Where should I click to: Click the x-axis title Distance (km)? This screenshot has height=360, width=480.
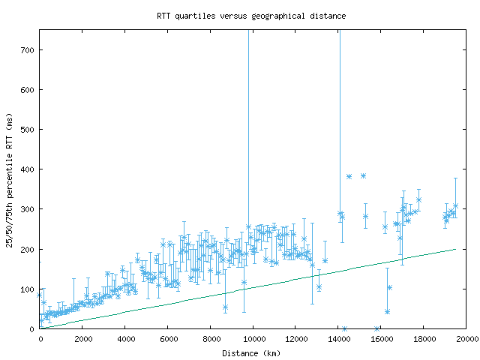tap(252, 352)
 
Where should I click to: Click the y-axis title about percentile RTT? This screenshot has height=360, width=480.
tap(10, 179)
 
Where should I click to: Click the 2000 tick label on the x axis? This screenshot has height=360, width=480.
tap(82, 339)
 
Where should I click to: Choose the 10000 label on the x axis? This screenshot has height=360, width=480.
tap(253, 339)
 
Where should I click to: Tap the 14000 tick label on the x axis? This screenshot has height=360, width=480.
tap(338, 339)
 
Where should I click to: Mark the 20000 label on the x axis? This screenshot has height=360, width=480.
tap(466, 339)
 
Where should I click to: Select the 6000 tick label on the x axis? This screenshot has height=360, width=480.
tap(168, 339)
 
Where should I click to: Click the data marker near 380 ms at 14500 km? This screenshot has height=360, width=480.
tap(349, 176)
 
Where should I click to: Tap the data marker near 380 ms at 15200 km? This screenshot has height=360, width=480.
tap(363, 175)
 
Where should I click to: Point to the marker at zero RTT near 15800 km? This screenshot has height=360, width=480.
tap(376, 328)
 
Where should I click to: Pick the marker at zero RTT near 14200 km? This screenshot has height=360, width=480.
tap(344, 328)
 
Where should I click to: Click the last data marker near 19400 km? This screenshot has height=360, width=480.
tap(455, 205)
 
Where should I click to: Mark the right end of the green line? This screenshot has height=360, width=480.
tap(455, 249)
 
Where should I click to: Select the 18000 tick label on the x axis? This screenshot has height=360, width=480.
tap(424, 339)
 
